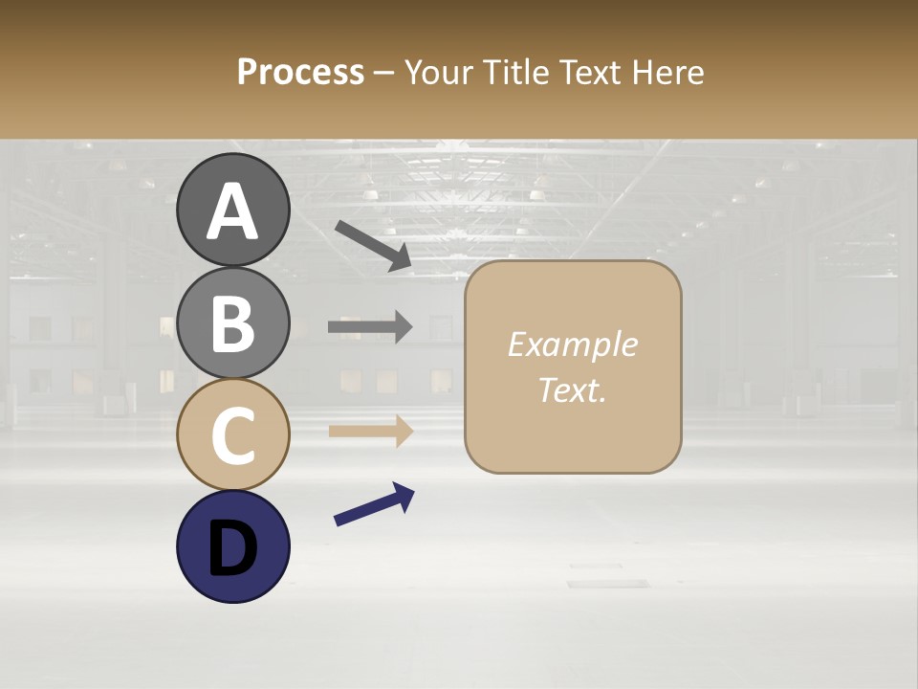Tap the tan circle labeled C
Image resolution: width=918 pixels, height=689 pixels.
point(233,435)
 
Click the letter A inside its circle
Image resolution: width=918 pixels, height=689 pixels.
point(233,212)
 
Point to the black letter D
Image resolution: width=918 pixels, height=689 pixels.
point(233,548)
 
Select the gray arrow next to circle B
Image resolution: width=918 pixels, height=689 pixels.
point(370,327)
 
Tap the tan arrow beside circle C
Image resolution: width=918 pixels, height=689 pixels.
point(370,431)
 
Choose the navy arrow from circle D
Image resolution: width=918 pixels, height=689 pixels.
point(374,504)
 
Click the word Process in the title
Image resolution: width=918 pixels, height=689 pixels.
point(300,73)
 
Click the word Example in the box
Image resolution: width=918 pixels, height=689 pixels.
point(572,345)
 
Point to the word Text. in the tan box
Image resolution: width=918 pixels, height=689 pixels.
point(572,389)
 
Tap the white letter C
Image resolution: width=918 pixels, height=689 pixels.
point(233,437)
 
